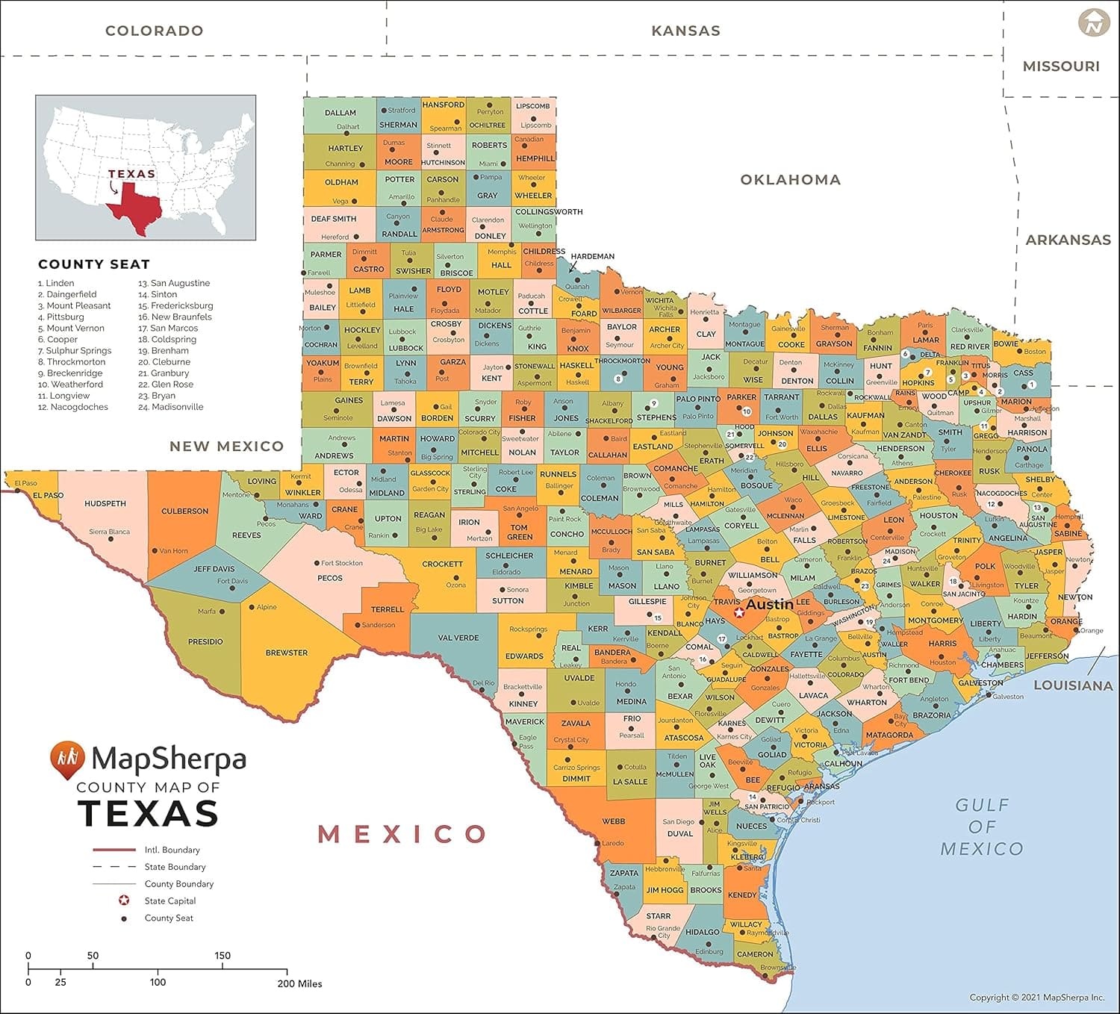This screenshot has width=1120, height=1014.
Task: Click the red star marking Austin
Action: coord(739,612)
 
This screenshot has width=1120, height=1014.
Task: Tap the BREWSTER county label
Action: coord(287,653)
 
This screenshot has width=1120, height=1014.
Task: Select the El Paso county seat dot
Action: coord(17,491)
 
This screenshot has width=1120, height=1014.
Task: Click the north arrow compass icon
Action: coord(1094,23)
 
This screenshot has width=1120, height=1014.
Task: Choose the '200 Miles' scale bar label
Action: coord(299,983)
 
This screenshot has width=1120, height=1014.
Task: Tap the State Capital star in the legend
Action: coord(124,901)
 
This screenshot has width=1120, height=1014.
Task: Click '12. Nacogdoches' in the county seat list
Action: coord(73,407)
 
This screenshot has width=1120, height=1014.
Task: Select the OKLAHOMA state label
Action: coord(790,179)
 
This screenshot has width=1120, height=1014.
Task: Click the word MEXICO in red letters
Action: coord(402,833)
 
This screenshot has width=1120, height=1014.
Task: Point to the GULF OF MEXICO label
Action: coord(982,827)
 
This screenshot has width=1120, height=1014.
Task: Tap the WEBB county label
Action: coord(614,821)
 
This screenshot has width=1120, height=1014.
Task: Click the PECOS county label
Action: coord(329,578)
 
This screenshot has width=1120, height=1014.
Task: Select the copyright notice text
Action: coord(1036,997)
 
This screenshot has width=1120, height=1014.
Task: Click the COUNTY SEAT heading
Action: coord(94,264)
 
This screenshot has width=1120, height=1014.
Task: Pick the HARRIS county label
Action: coord(942,643)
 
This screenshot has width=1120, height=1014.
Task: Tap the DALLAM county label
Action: coord(340,113)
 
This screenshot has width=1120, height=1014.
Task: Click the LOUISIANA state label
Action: coord(1073,685)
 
